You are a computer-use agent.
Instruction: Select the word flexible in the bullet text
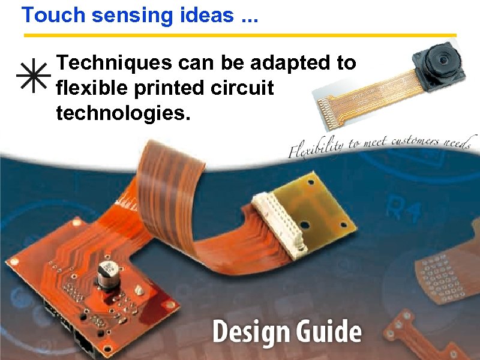coord(91,88)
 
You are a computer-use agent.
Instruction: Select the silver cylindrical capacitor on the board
coord(108,275)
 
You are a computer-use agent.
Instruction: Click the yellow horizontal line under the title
coord(240,35)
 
